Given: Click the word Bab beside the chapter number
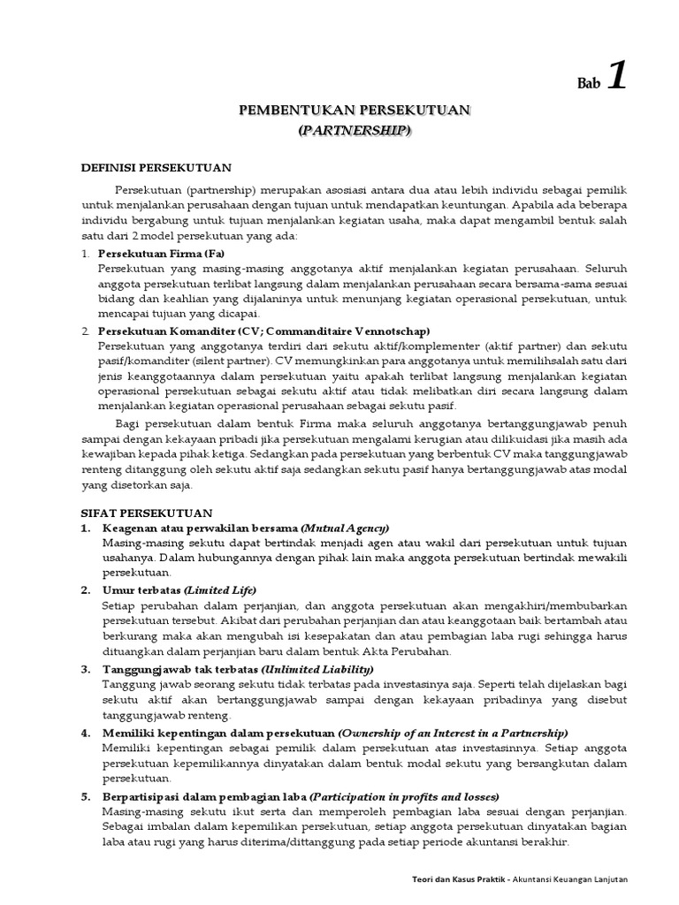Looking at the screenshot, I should point(588,85).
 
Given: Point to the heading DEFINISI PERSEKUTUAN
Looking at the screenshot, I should point(156,166).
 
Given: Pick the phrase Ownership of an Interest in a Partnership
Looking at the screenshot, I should point(453,733).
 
